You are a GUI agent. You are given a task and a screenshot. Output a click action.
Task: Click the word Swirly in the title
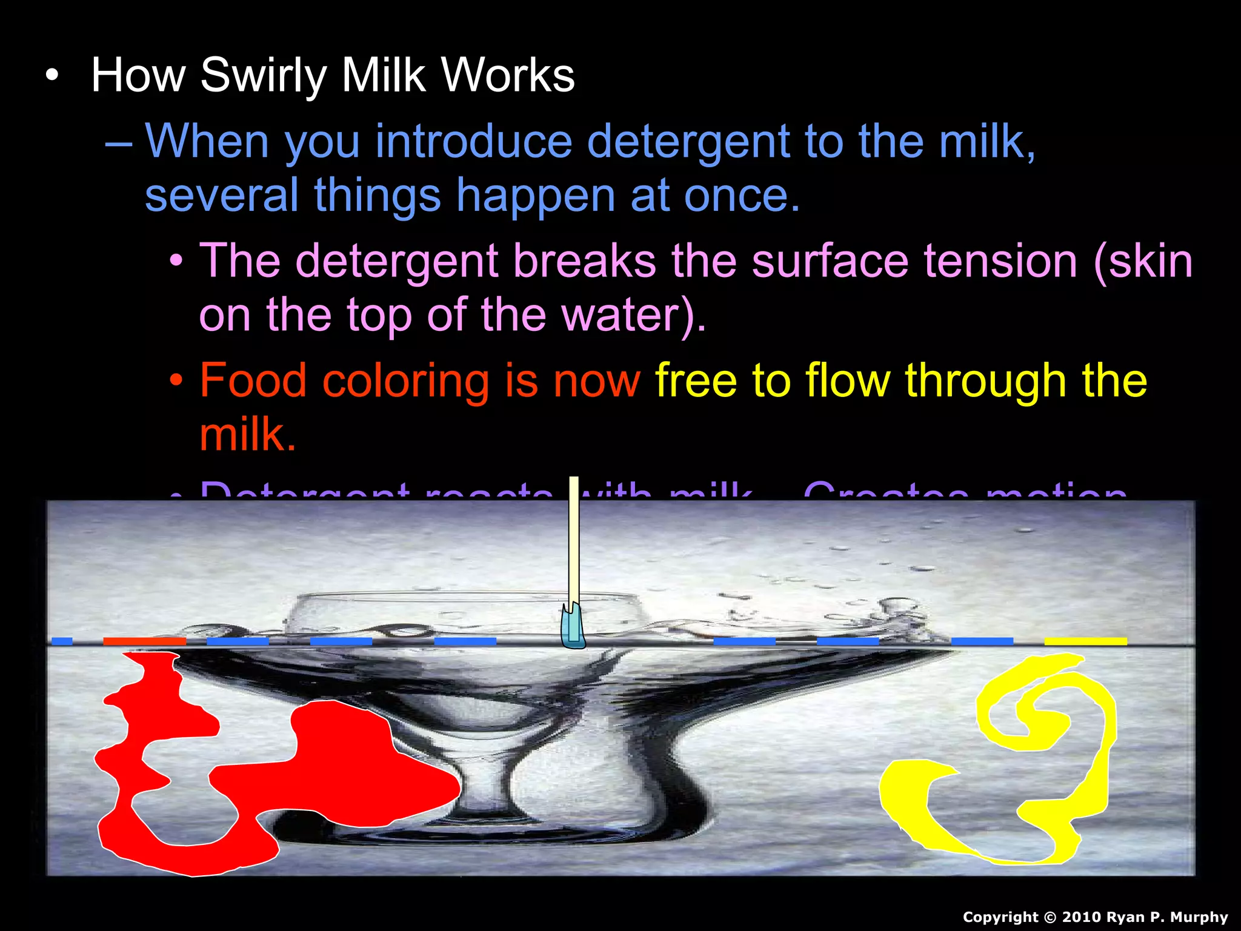click(264, 76)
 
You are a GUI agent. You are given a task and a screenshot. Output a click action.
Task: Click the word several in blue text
click(221, 195)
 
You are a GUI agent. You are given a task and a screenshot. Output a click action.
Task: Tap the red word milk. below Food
click(247, 435)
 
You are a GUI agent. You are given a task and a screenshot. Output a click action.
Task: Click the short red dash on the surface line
click(144, 641)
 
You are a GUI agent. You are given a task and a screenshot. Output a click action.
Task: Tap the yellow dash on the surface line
click(1085, 641)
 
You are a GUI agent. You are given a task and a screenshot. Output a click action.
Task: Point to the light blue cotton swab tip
click(573, 627)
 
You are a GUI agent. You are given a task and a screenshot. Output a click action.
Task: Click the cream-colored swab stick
click(573, 539)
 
